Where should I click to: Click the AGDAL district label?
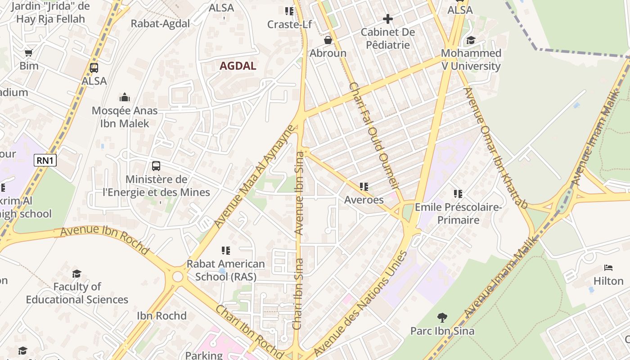[x=238, y=66]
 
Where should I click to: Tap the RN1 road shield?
[x=45, y=160]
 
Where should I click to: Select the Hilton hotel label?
[x=608, y=281]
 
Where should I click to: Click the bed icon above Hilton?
[x=608, y=268]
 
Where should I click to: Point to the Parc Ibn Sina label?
[x=442, y=331]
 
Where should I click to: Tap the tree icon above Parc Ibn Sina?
[x=442, y=318]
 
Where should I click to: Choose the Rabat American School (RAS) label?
[x=225, y=270]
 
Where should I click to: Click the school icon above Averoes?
[x=364, y=186]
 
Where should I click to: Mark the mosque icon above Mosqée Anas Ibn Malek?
[x=125, y=97]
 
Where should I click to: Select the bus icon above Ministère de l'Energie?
[x=156, y=166]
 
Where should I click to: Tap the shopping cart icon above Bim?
[x=29, y=53]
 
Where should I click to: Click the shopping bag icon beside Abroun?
[x=328, y=40]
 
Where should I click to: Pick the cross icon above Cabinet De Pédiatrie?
[x=387, y=19]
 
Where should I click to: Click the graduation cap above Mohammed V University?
[x=471, y=40]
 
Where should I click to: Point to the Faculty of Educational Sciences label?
[x=77, y=293]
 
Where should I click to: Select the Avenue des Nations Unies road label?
[x=360, y=304]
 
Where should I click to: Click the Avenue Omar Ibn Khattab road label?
[x=495, y=148]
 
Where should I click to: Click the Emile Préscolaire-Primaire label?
[x=458, y=213]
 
